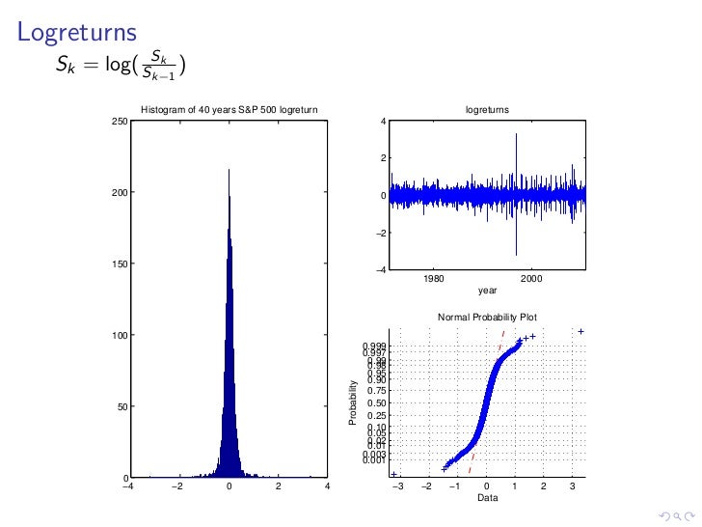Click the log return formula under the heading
(121, 66)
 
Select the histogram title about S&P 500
(229, 110)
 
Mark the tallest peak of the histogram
(229, 171)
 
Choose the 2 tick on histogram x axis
(278, 487)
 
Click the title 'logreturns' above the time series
(487, 110)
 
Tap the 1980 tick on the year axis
(434, 280)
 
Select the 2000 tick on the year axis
(532, 280)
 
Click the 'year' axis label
(487, 290)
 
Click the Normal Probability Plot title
(487, 317)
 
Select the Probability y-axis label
(353, 403)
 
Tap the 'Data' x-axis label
(487, 498)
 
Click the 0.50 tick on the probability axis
(377, 403)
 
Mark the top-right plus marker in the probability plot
(581, 331)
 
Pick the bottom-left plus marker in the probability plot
(394, 474)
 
